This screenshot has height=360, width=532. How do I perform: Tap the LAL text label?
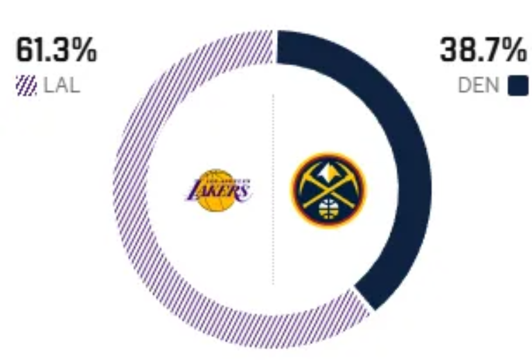[62, 87]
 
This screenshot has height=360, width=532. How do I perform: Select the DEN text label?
[478, 87]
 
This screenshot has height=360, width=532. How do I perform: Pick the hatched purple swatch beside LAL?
[26, 87]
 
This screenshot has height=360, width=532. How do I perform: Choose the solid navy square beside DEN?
[517, 87]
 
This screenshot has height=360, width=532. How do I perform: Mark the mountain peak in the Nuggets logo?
[328, 169]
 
